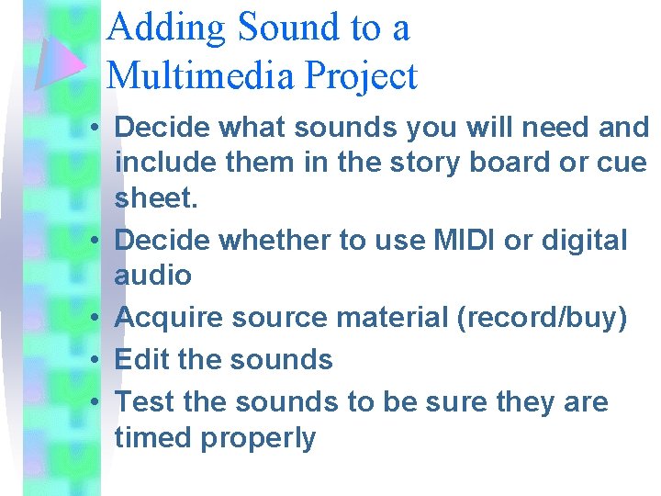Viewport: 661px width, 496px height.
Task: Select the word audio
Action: tap(153, 275)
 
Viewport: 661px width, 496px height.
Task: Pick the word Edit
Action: tap(141, 358)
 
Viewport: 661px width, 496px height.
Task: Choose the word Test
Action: tap(145, 401)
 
